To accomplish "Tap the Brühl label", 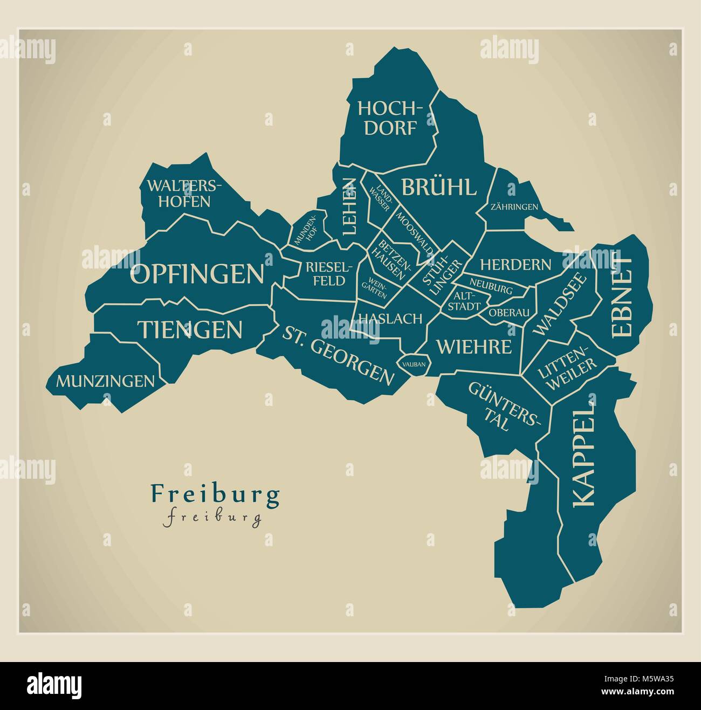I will point(438,188).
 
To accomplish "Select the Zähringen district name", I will point(514,206).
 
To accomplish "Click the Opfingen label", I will point(197,274).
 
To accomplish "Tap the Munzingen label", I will point(106,381).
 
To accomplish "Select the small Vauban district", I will point(414,364).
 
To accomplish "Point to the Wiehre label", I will point(473,346).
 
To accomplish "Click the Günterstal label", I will point(503,405).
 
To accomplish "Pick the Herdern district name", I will point(516,265).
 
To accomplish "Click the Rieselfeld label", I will point(328,273).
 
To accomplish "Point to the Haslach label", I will point(389,319).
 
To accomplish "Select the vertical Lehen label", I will point(349,206).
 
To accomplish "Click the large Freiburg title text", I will point(215,493).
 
